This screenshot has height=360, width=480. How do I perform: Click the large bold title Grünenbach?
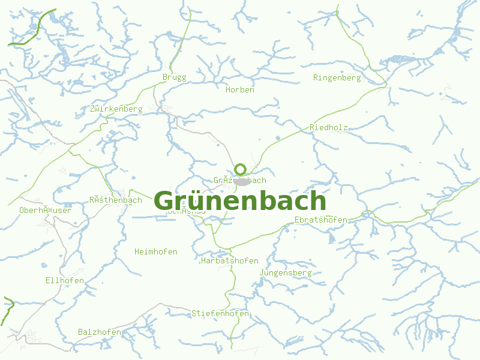(240, 200)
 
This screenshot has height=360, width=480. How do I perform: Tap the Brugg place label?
(174, 77)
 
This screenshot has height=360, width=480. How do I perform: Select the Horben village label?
(240, 90)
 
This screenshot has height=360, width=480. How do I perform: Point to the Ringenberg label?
(337, 78)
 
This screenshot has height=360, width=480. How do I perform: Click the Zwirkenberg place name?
(116, 109)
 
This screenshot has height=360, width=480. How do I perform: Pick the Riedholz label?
(329, 128)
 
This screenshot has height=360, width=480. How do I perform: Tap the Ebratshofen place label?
(320, 220)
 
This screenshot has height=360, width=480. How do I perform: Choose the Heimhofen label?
(156, 252)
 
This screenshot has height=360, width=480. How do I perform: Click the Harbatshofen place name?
(229, 261)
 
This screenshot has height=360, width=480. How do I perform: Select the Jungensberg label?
(286, 273)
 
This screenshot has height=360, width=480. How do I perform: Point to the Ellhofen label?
(64, 281)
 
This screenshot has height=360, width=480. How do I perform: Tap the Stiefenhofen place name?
(220, 314)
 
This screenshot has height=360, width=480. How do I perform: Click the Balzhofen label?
(100, 332)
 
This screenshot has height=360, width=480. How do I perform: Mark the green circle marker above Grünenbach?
(241, 169)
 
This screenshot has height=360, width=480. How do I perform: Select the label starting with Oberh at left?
(45, 211)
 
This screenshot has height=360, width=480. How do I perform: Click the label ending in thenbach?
(115, 200)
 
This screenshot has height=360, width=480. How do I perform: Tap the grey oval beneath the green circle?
(242, 181)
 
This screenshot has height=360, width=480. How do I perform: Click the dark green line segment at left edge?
(7, 309)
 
